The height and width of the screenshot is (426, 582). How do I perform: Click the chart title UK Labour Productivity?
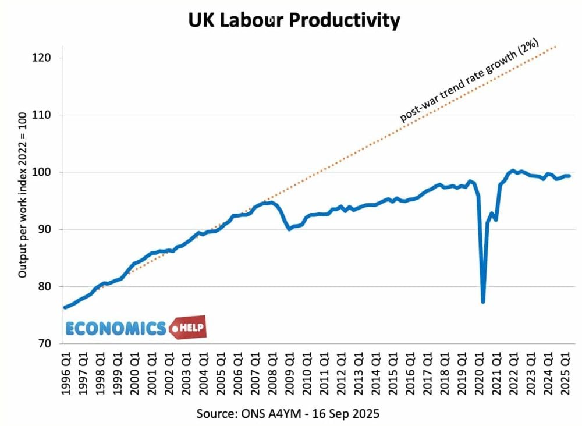294,20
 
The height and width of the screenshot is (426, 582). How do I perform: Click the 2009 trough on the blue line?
289,229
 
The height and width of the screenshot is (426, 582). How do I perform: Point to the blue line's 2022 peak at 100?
513,171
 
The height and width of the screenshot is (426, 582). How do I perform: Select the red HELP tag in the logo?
189,328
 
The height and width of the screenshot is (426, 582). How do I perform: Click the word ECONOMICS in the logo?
116,329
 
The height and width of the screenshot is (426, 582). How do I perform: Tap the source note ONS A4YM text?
289,413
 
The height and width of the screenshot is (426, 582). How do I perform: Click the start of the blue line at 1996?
65,307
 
